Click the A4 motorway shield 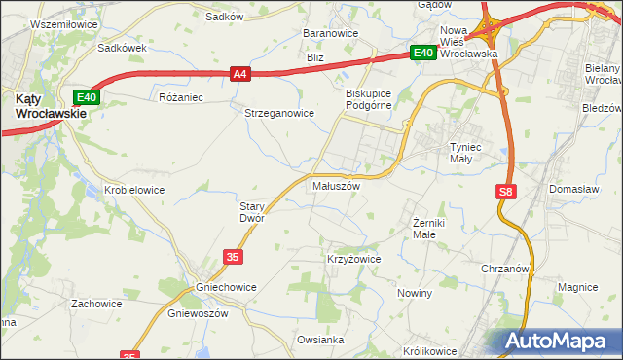coord(241,73)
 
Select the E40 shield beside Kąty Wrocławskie coord(87,97)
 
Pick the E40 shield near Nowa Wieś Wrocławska coord(421,54)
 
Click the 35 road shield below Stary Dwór coord(232,256)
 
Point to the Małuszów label coord(336,186)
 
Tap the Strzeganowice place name coord(279,113)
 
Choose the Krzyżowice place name coord(352,260)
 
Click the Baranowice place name coord(331,33)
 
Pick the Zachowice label coord(95,304)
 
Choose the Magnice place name coord(577,287)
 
